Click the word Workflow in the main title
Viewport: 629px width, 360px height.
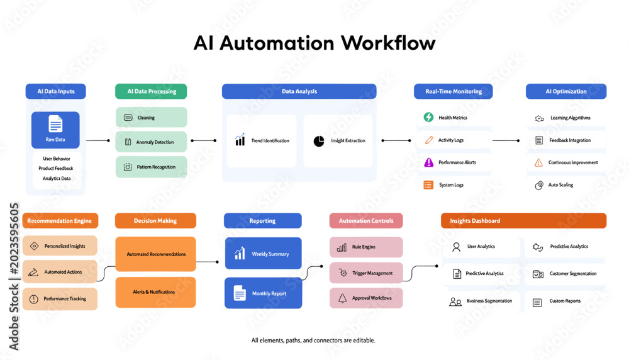pos(388,43)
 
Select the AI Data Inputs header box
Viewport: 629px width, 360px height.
pos(56,91)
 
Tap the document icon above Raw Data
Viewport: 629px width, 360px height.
pos(55,123)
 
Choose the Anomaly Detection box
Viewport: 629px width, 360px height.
pos(151,142)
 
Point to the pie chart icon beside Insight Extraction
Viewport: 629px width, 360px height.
pos(319,141)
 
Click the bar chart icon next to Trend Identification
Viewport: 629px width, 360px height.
pos(240,140)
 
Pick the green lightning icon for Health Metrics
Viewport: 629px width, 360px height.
pos(428,117)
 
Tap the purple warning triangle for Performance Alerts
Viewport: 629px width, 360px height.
pos(429,162)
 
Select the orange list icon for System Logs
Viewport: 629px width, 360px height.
pos(428,185)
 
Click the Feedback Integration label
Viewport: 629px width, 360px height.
pos(570,140)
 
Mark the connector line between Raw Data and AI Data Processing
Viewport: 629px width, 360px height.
pos(98,140)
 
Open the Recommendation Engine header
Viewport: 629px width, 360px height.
pos(60,221)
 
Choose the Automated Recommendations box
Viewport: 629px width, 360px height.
pos(155,254)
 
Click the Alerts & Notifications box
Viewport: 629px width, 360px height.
pos(155,292)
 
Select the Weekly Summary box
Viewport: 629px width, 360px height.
pos(263,253)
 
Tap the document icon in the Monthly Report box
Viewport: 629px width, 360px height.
pos(240,293)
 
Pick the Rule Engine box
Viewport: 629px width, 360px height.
pos(366,247)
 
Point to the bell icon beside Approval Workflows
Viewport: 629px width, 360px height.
pos(342,298)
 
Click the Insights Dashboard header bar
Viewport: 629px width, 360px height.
pos(523,221)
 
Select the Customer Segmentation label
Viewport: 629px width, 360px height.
pos(573,274)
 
